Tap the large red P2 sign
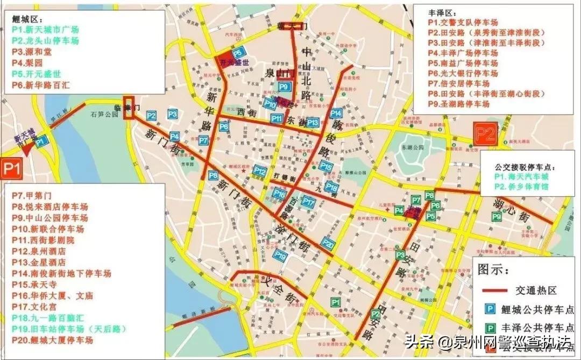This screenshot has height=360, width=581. pos(484,133)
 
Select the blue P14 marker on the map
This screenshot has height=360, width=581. pos(336,114)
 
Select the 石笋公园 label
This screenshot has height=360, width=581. pos(104,114)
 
